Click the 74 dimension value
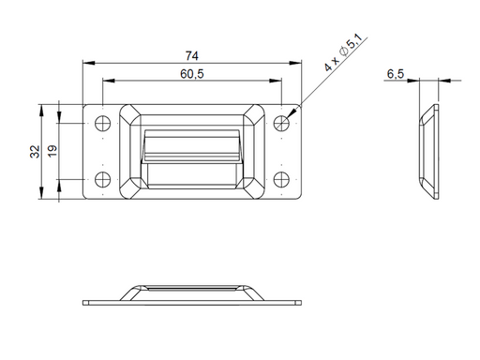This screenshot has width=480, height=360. [x=191, y=56]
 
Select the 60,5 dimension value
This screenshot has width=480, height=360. [x=192, y=74]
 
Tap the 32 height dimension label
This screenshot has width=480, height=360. [x=36, y=152]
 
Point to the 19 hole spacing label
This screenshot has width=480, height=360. [x=52, y=151]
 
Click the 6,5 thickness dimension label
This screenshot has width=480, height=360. [x=396, y=74]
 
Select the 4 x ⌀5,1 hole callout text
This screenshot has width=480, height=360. [x=343, y=52]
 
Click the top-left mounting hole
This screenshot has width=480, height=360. [x=102, y=124]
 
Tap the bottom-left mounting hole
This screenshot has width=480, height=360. [x=102, y=179]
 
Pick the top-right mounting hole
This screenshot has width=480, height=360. [x=281, y=124]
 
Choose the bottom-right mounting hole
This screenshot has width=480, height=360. [x=281, y=179]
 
